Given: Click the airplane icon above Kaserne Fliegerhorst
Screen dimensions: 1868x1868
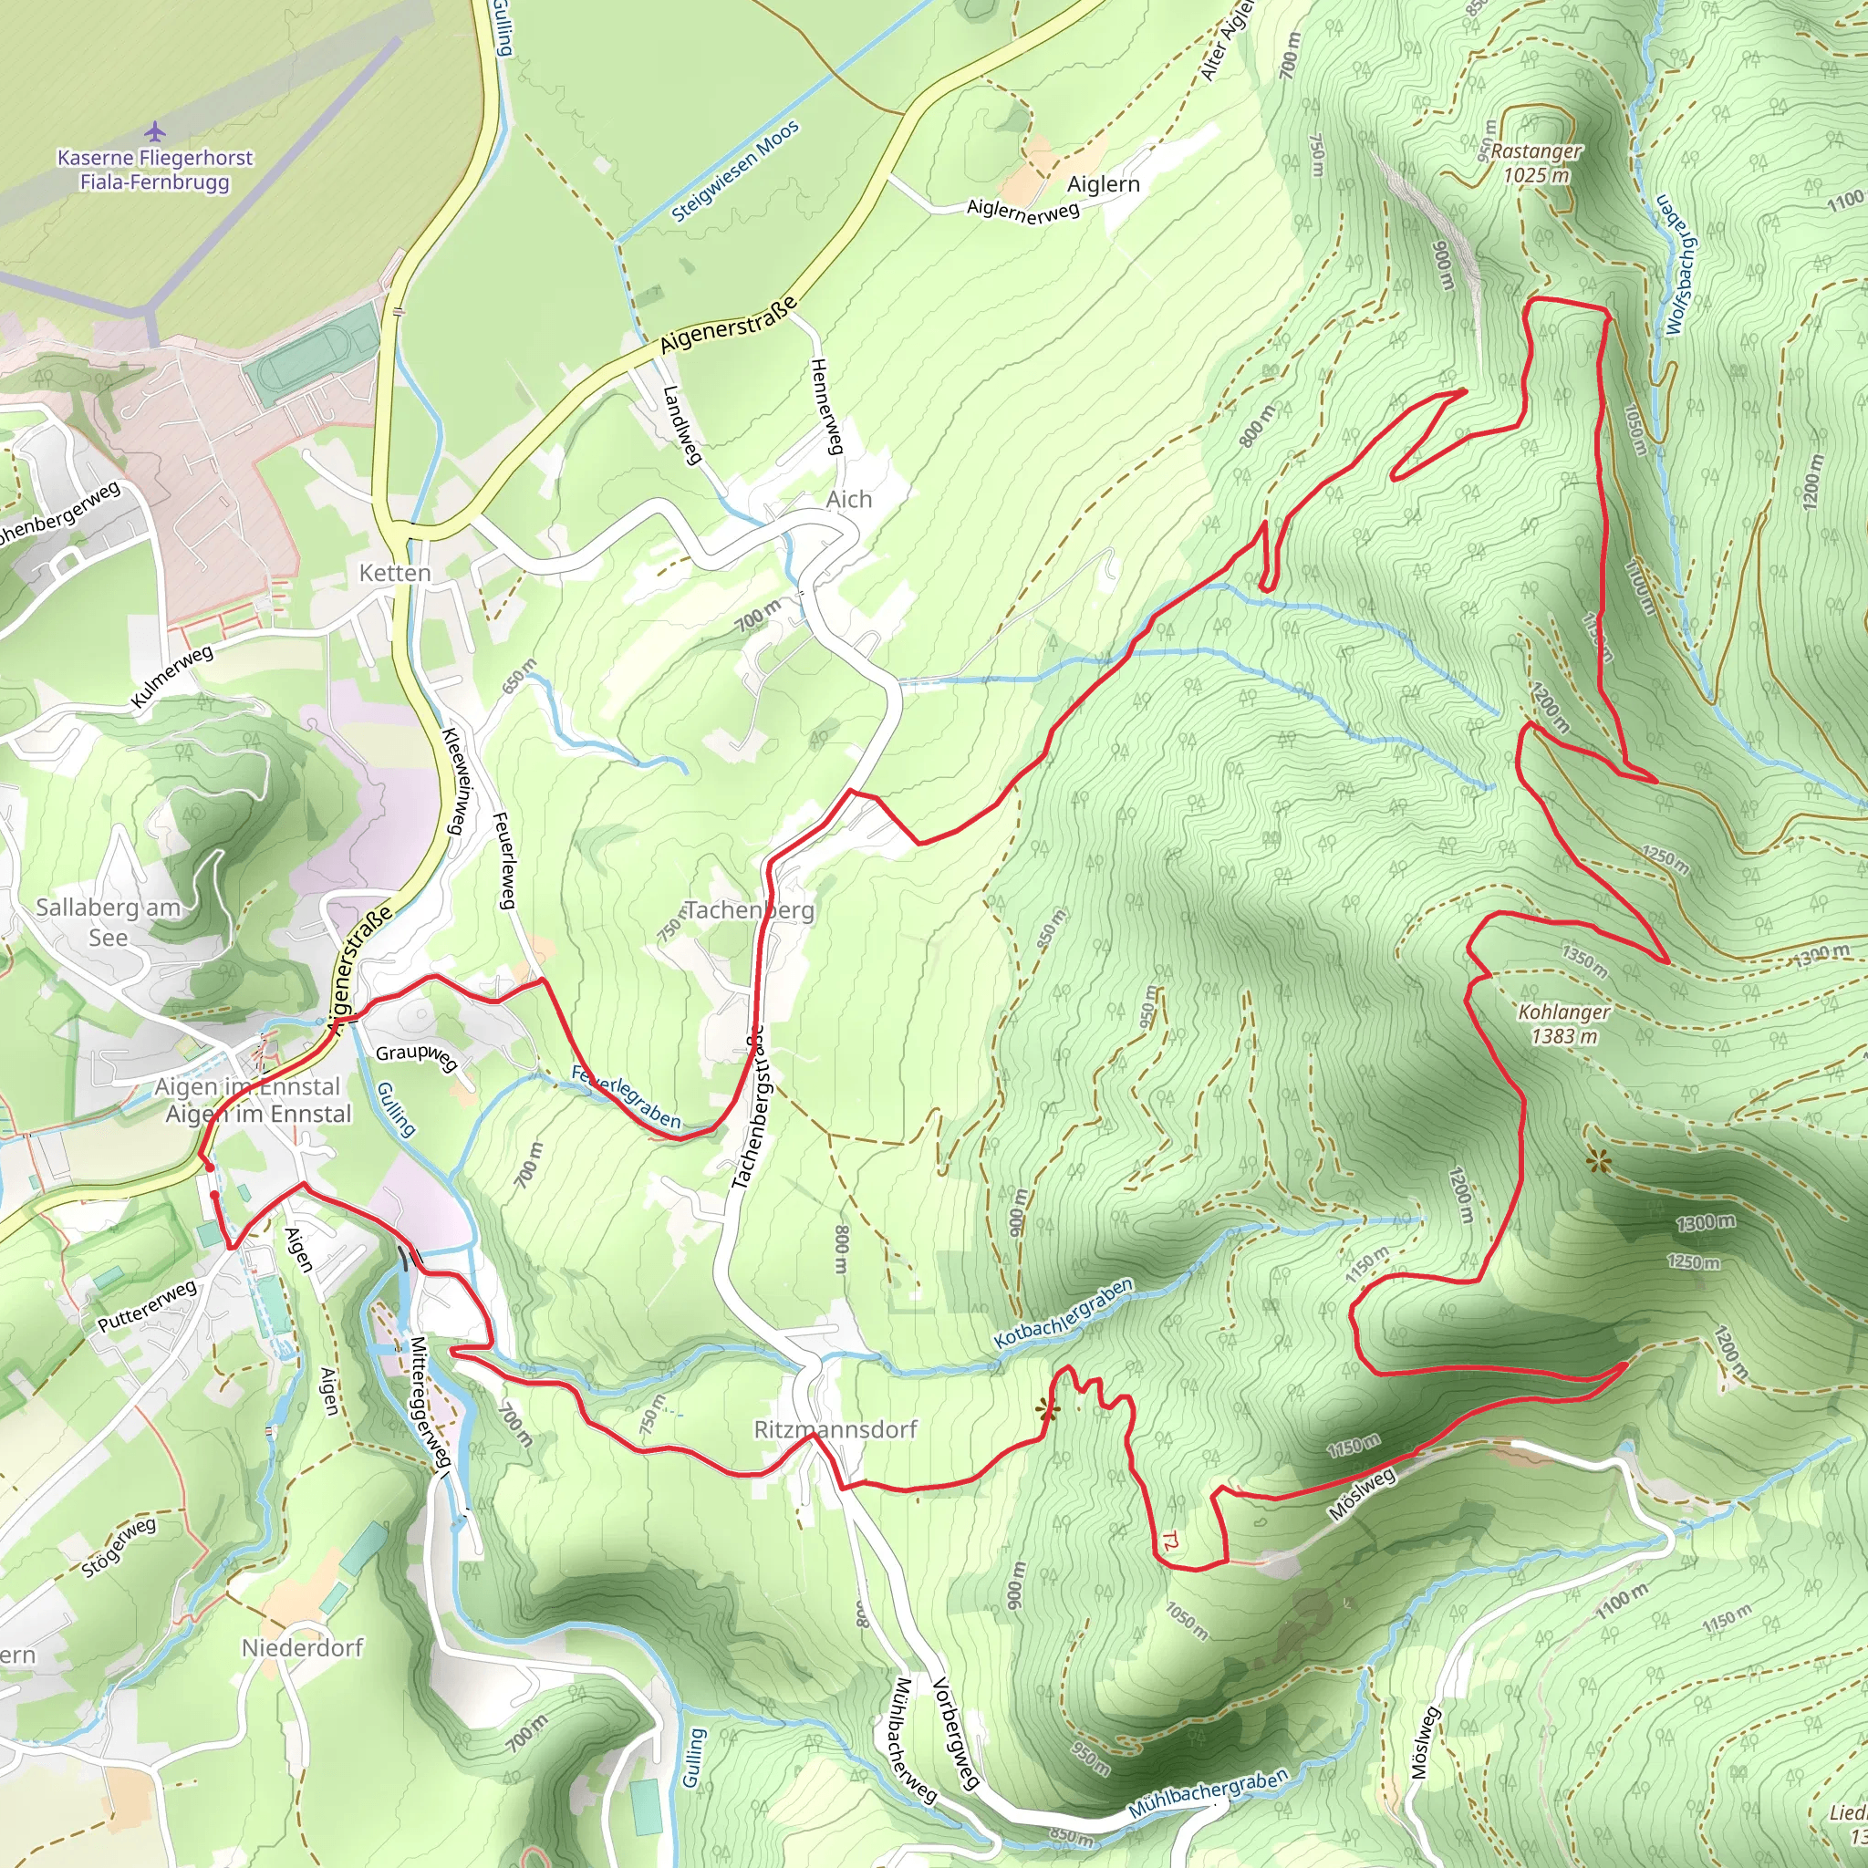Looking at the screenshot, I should click(155, 130).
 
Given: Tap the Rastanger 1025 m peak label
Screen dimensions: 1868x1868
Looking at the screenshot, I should click(1535, 163).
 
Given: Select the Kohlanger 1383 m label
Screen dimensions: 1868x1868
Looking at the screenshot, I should click(1563, 1024).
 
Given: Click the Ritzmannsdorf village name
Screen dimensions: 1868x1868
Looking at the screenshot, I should click(835, 1429).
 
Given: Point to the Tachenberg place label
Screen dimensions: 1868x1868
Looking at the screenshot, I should click(750, 909).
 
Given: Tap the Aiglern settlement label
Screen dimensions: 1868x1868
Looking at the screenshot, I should click(1104, 183).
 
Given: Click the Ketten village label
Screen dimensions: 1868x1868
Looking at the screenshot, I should click(394, 574).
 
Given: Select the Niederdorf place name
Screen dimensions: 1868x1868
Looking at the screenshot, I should click(302, 1647).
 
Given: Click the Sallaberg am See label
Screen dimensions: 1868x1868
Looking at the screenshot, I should click(109, 922).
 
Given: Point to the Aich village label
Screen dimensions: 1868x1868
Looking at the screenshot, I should click(849, 500).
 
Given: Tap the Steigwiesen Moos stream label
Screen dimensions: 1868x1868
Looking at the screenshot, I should click(736, 171).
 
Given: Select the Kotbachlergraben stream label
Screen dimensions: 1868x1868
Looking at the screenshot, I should click(1064, 1314).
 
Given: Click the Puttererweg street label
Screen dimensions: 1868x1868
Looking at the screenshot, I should click(147, 1306).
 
